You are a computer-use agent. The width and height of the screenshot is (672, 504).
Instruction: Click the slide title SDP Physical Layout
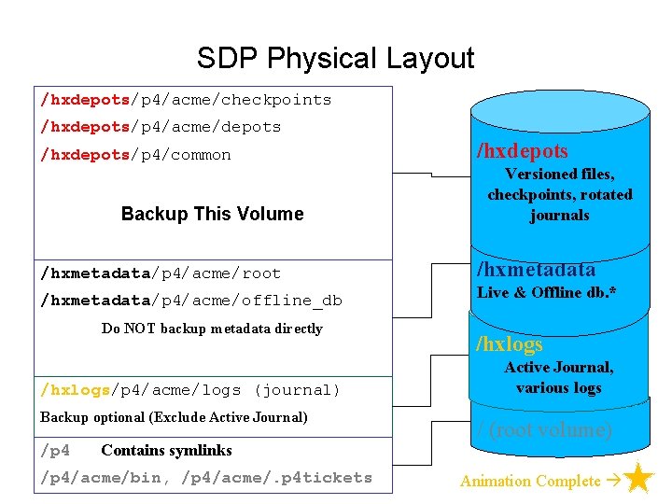335,59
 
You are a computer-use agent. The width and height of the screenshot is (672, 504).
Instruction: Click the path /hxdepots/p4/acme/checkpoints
186,100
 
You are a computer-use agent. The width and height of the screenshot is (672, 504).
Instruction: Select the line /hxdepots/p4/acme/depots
161,127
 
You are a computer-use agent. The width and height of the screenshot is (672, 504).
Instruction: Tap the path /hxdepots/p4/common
135,155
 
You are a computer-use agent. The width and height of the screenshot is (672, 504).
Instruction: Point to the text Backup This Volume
212,214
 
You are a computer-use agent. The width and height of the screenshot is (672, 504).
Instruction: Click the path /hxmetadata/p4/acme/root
161,273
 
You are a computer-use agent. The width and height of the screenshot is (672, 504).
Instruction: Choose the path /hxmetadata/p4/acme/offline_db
191,301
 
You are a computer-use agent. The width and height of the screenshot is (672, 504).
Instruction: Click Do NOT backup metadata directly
212,329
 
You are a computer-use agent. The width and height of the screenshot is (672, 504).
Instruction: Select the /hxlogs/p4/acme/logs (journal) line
190,390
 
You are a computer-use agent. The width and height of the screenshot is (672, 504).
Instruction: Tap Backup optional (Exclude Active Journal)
174,417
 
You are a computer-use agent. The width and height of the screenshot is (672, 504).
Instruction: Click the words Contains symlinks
166,451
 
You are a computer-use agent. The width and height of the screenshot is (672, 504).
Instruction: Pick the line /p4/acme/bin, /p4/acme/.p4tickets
206,478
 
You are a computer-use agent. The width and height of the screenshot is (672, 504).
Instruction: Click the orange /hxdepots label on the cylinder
522,151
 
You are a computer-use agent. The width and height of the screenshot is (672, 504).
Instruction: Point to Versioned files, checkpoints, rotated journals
559,194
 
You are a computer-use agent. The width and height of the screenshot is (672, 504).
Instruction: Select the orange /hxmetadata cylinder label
536,270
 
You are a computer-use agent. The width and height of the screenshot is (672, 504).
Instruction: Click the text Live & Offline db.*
547,293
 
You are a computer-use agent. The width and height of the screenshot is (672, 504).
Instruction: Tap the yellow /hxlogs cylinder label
510,344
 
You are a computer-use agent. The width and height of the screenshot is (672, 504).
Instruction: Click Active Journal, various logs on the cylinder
558,377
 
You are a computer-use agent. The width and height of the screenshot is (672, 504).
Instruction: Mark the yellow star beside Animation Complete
638,480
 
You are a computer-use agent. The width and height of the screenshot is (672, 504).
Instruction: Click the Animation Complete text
530,482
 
